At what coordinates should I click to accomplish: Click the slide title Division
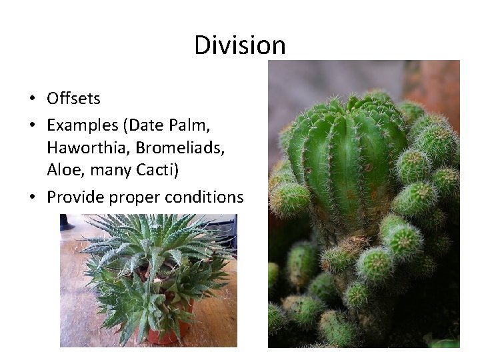240,45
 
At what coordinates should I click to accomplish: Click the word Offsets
73,99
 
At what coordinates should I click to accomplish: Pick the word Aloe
62,170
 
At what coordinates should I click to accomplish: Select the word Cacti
158,170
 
